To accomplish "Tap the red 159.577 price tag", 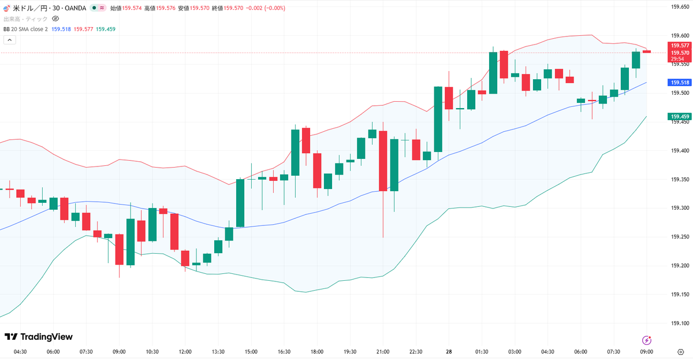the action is (x=680, y=46).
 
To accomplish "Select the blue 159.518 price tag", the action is (x=680, y=82).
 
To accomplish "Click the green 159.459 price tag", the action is (x=680, y=116).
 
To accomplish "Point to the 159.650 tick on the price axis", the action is (x=680, y=7).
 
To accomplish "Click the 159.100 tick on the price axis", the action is (x=680, y=323).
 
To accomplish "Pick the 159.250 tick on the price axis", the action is (x=680, y=237).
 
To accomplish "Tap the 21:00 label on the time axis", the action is (x=383, y=352).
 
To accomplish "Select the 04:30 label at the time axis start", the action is (x=20, y=352).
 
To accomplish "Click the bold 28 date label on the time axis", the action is (x=449, y=352).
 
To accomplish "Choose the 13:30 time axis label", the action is (x=218, y=352).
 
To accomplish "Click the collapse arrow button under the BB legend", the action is (x=10, y=40).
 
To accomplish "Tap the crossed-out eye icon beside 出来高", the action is (x=55, y=19).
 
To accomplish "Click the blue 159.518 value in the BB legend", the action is (x=61, y=29).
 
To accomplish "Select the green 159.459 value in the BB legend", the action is (x=106, y=29).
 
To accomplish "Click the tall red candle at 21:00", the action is (x=383, y=161).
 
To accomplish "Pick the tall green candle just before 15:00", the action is (x=240, y=203).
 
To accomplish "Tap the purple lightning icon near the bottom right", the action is (x=646, y=340).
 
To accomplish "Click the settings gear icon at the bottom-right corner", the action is (x=680, y=352).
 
